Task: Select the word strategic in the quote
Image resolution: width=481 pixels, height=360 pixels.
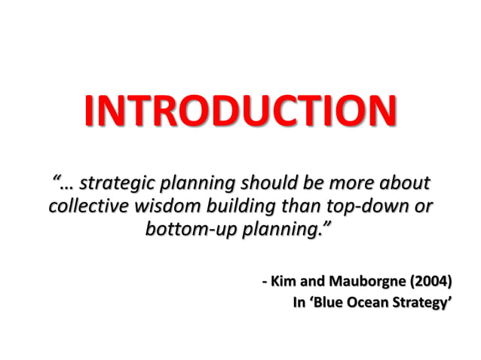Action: [117, 183]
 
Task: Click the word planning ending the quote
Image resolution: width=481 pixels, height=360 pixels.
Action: [281, 228]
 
